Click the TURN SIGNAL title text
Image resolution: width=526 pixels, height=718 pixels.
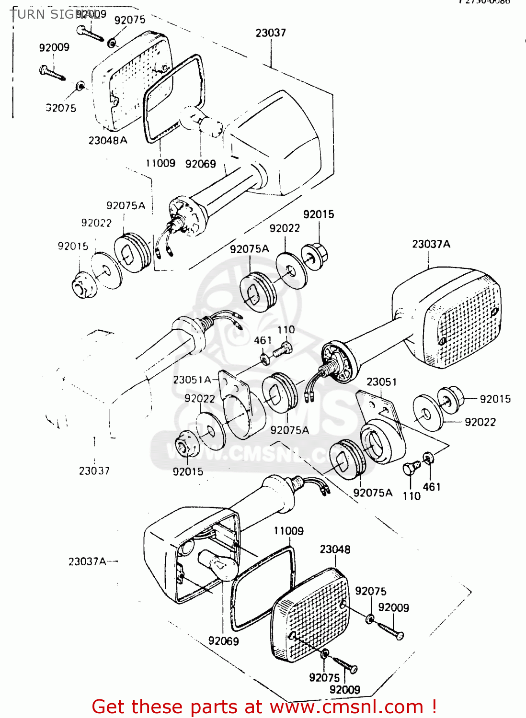pos(53,14)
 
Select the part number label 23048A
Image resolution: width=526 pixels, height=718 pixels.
pos(108,140)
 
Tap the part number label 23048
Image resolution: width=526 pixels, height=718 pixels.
pos(335,549)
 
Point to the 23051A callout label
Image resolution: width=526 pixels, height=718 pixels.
pos(192,380)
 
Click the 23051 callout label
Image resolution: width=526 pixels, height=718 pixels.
pos(381,382)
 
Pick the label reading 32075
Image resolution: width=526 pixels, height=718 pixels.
pos(61,108)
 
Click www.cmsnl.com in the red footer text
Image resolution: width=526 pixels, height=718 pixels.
pos(346,707)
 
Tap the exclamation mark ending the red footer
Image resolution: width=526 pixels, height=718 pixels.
pos(434,707)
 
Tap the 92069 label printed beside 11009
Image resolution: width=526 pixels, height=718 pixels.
pos(200,164)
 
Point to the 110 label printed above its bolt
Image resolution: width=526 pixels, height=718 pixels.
pos(286,330)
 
